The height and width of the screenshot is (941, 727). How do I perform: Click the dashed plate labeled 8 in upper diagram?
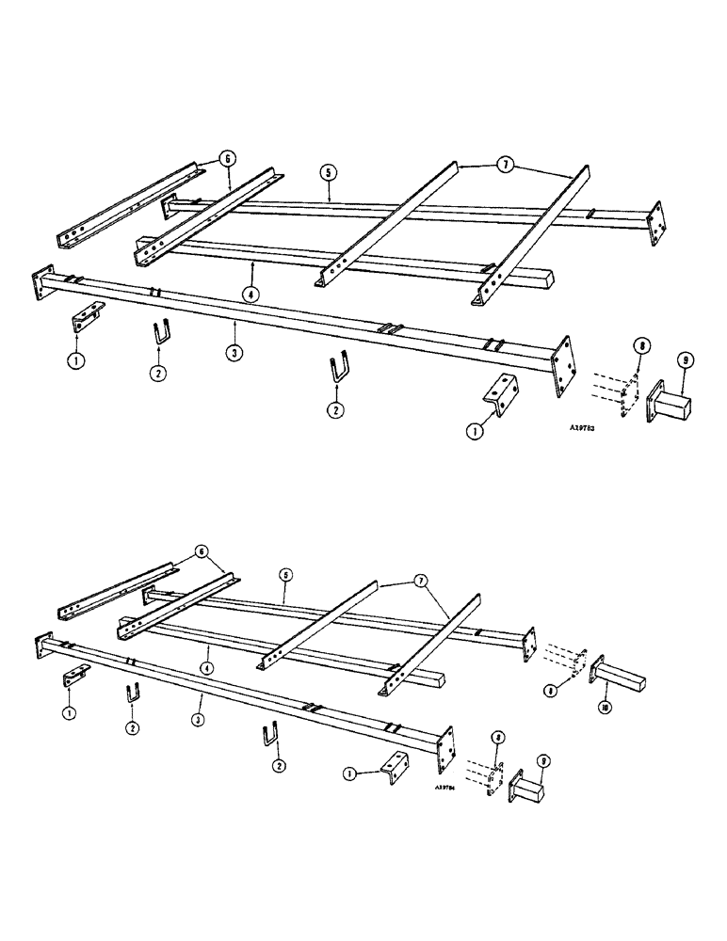(621, 392)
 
